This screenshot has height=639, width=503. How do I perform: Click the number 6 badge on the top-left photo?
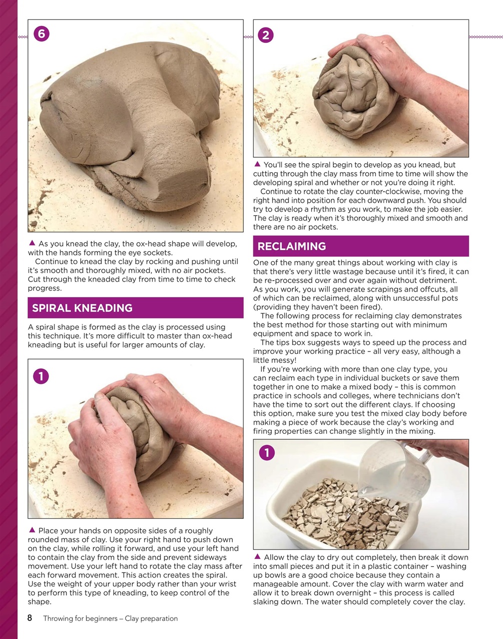41,34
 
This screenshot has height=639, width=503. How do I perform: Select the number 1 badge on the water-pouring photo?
267,453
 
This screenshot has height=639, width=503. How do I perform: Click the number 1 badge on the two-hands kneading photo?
41,375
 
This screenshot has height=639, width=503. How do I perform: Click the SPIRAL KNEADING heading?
82,308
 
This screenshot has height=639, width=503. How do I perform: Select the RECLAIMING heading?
292,246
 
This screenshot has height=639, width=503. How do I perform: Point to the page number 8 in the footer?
30,618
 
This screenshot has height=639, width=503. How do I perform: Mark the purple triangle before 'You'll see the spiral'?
257,164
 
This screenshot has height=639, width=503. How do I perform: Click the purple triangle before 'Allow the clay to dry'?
257,557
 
